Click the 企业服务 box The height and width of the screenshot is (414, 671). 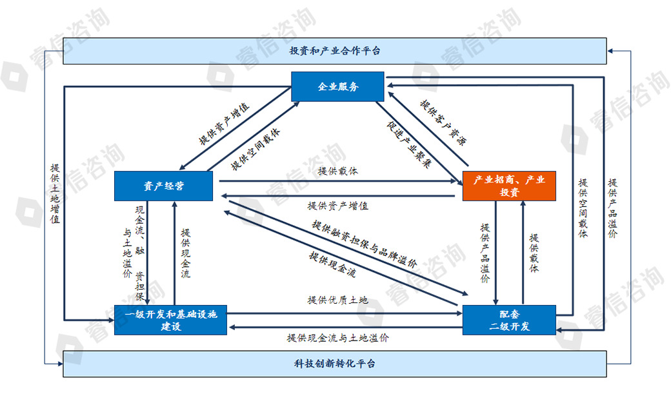tap(337, 86)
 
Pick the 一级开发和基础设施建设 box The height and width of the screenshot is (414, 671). tap(170, 319)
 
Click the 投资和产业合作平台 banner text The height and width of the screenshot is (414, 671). tap(334, 50)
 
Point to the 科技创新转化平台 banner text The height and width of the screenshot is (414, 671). tap(334, 364)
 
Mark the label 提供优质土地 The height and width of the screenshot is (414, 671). tap(337, 300)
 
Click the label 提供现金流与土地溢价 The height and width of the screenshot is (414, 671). tap(337, 337)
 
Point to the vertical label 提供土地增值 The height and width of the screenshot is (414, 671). tap(55, 193)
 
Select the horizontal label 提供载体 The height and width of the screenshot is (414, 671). tap(337, 172)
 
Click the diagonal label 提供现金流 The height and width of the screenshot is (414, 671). tap(333, 264)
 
